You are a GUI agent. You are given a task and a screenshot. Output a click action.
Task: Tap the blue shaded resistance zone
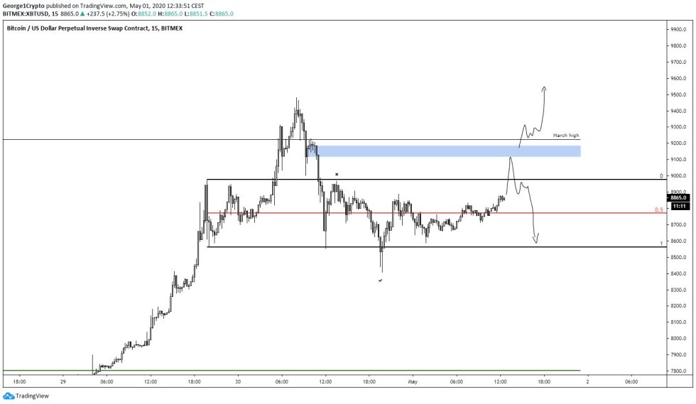tap(447, 151)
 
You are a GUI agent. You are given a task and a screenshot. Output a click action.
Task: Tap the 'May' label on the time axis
tap(413, 381)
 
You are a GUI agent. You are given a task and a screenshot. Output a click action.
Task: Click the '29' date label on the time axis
tap(63, 381)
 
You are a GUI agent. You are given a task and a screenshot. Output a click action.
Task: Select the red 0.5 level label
tap(658, 210)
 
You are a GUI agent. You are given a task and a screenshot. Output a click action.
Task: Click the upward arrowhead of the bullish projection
tap(544, 88)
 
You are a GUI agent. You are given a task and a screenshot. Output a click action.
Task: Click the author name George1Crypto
tap(21, 4)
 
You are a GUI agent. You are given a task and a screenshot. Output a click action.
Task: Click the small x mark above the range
tap(336, 173)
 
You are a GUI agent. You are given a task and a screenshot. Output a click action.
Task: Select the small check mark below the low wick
tap(381, 280)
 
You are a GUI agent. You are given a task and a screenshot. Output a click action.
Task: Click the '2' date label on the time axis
tap(587, 381)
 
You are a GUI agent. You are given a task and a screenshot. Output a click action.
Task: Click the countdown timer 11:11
tap(678, 205)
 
